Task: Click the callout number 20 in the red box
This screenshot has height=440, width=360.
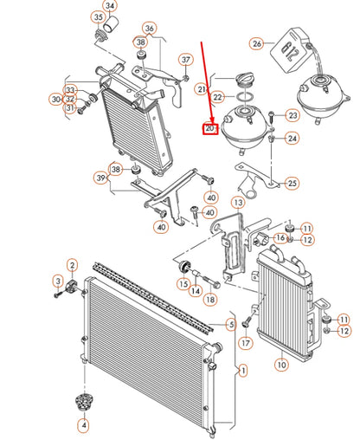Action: [209, 128]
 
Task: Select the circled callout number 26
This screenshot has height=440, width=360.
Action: [257, 44]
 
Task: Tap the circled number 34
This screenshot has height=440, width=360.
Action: [110, 6]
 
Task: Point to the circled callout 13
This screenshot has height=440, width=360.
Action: [238, 203]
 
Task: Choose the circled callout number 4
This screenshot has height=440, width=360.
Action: [84, 425]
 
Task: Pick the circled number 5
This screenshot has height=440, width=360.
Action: [231, 325]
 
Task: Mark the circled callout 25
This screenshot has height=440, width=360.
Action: [292, 183]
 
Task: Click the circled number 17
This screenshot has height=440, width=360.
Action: [246, 343]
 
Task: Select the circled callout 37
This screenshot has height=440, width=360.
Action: [186, 61]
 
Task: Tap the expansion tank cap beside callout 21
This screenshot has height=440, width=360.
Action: [245, 80]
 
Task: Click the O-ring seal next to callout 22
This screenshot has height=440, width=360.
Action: [245, 96]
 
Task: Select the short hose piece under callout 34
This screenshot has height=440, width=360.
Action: [111, 24]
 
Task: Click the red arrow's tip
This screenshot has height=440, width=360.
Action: [213, 122]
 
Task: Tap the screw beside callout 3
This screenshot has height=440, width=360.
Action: [58, 294]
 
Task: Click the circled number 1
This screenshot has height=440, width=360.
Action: [243, 371]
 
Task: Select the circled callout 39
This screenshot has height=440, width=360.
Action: [100, 178]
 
